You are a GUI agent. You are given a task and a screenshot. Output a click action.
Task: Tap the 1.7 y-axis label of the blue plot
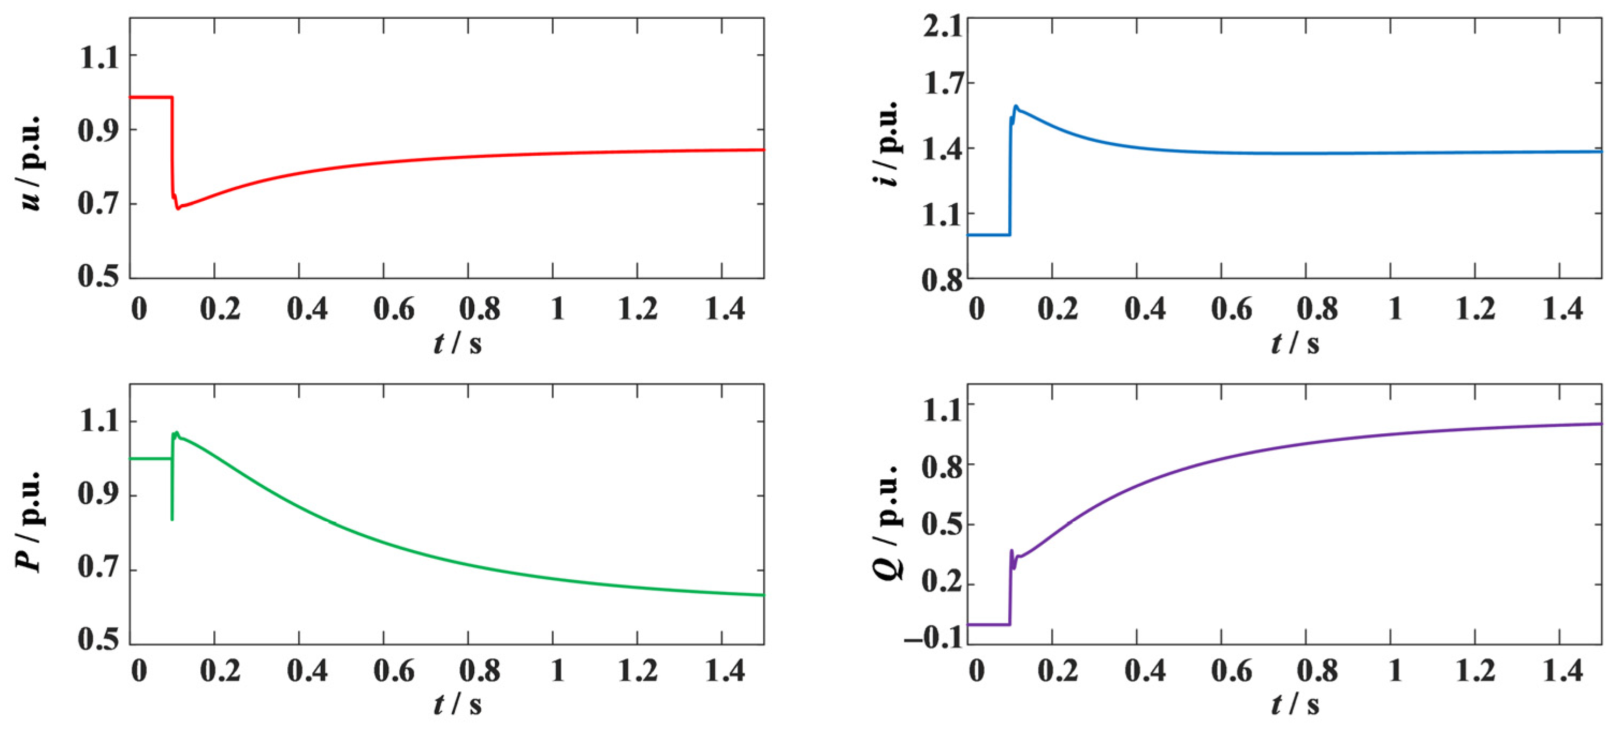click(x=943, y=84)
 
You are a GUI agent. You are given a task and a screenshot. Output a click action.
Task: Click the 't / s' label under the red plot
click(x=457, y=344)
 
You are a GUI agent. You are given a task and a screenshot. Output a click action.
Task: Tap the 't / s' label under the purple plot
click(x=1295, y=704)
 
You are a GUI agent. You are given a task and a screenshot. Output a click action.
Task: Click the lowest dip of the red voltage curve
click(x=178, y=208)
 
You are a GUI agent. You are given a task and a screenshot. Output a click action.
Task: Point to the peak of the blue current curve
click(x=1016, y=106)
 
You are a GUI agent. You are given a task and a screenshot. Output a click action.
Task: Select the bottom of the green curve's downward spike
click(x=172, y=519)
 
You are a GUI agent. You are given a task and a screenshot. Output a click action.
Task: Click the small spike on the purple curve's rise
click(x=1012, y=551)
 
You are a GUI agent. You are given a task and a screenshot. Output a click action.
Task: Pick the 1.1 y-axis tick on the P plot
click(x=99, y=421)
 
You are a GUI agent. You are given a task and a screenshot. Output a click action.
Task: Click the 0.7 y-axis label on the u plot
click(x=99, y=203)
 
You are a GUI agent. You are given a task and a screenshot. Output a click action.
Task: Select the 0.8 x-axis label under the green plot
click(x=480, y=671)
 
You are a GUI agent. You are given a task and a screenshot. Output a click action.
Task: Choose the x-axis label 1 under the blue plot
click(x=1396, y=309)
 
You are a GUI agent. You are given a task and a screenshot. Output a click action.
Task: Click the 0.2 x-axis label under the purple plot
click(x=1058, y=671)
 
